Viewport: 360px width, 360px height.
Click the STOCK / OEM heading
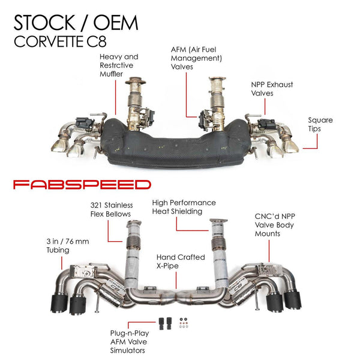pos(76,22)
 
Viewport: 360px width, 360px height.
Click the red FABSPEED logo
pos(82,184)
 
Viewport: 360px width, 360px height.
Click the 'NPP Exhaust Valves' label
pos(271,89)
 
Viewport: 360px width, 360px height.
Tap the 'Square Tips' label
pos(320,124)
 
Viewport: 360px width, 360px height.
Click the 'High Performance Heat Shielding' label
pos(184,207)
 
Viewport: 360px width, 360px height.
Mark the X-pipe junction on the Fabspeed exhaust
pos(179,296)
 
